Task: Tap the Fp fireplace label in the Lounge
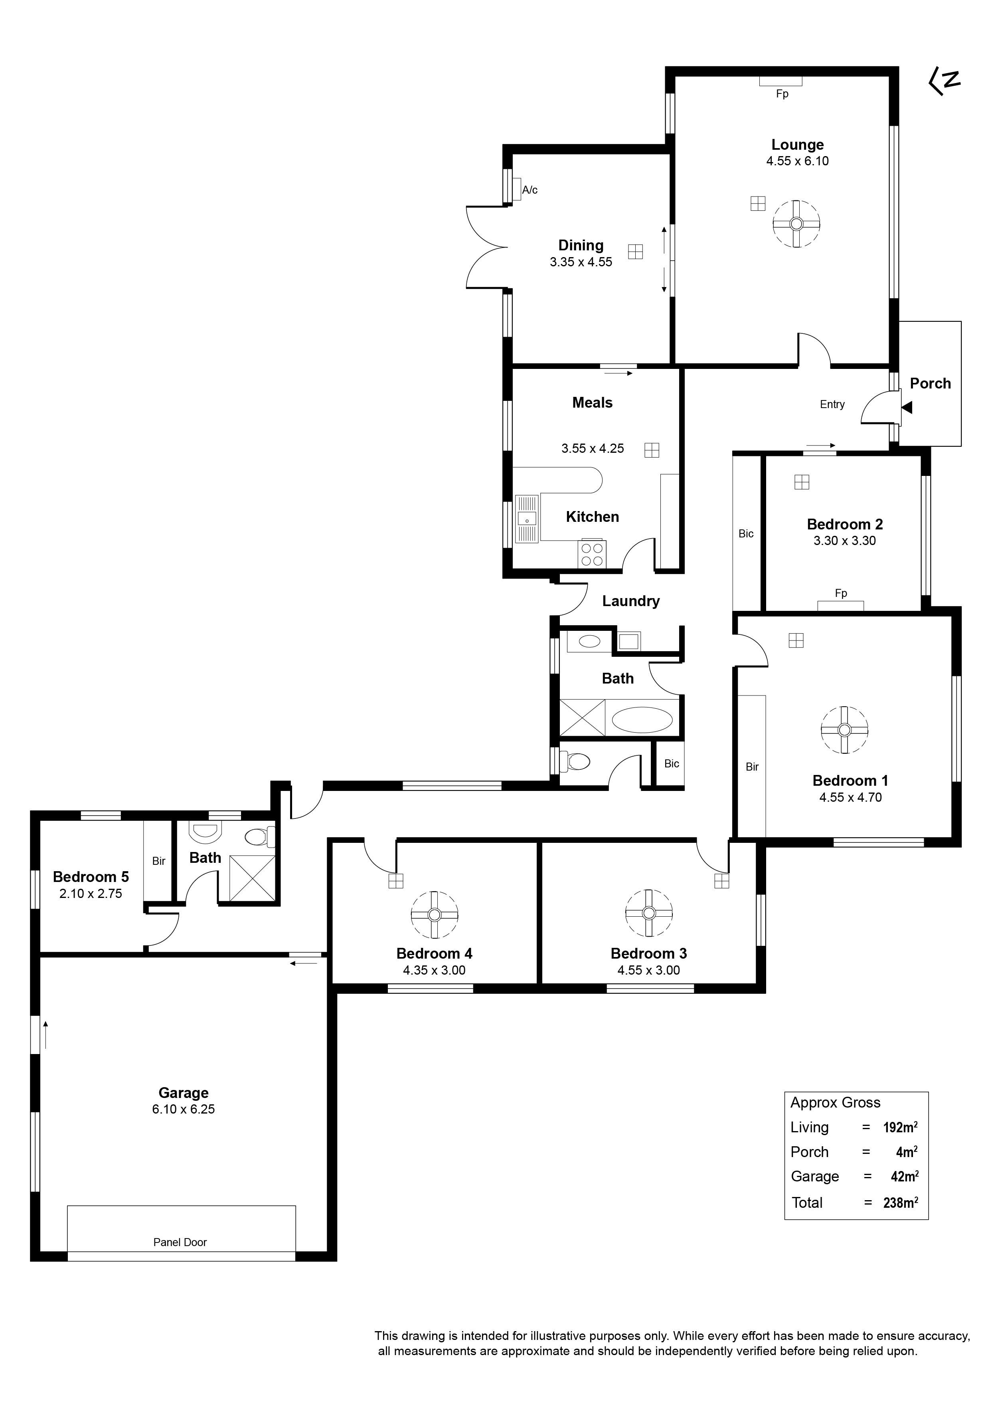782,94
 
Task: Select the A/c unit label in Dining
530,190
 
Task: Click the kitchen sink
526,519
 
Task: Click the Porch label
930,383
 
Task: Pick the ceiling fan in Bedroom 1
844,730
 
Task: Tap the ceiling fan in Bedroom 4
434,915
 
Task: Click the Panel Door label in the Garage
180,1242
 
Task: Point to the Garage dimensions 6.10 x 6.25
184,1109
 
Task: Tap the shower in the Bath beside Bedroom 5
252,878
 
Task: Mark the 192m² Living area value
900,1127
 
